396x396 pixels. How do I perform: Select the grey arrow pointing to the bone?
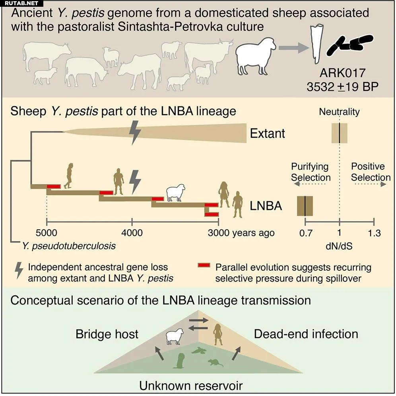point(293,48)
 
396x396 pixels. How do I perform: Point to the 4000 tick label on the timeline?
point(132,233)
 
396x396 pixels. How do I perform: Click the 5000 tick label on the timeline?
point(47,233)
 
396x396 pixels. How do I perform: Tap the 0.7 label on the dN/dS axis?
point(306,233)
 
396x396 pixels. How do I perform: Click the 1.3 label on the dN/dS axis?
point(374,233)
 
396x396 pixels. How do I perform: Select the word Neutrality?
point(339,112)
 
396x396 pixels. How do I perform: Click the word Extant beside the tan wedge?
point(267,133)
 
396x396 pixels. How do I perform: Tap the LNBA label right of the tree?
point(266,206)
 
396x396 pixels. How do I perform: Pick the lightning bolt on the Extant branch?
point(135,132)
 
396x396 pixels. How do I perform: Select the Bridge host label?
point(107,334)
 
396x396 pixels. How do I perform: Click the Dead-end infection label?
point(306,334)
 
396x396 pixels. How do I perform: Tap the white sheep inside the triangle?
point(175,336)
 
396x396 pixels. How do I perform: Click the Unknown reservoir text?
point(191,385)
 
